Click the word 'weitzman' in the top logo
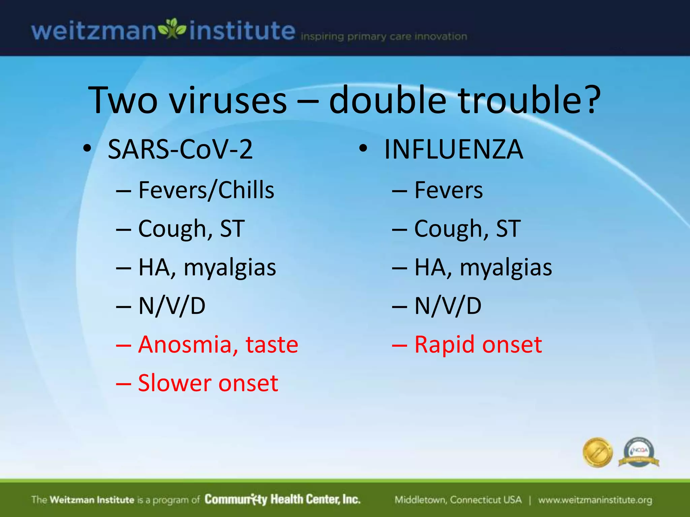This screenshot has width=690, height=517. click(x=94, y=31)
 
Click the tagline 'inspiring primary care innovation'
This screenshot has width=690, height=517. click(x=384, y=36)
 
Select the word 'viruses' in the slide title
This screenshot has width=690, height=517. click(x=228, y=100)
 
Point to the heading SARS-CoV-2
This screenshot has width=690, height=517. click(x=180, y=149)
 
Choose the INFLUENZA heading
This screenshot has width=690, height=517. click(x=453, y=149)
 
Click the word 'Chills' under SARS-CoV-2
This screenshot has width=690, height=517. click(x=246, y=190)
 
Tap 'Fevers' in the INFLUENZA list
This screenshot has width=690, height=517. click(x=448, y=190)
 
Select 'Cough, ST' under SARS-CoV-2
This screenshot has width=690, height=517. click(x=191, y=229)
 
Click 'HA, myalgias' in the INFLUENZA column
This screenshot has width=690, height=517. click(x=483, y=268)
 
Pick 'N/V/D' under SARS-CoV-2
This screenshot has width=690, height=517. click(x=172, y=306)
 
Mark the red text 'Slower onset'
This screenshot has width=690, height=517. click(x=208, y=383)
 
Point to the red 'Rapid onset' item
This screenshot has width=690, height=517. click(x=478, y=344)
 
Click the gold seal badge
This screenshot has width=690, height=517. click(x=597, y=452)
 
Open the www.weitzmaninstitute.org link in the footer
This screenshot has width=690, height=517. click(x=595, y=500)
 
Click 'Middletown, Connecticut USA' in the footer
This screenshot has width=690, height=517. click(x=458, y=500)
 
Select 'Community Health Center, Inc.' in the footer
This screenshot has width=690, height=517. click(x=282, y=499)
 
